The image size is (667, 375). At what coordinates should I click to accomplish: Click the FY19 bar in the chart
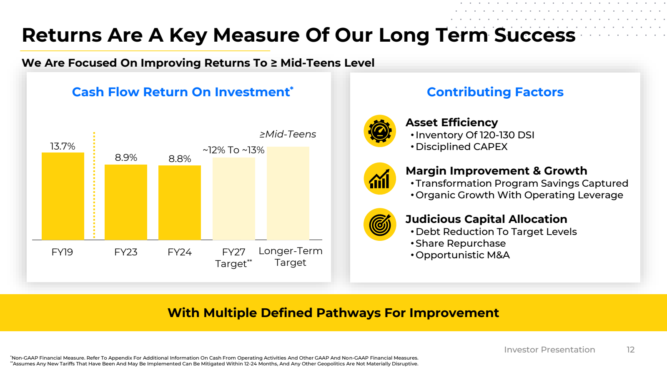click(63, 196)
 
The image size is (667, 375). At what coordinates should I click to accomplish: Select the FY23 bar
click(125, 202)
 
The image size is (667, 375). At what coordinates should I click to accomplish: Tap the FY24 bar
click(180, 202)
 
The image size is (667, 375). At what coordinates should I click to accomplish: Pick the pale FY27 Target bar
click(234, 199)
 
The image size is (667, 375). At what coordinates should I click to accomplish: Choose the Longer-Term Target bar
click(288, 193)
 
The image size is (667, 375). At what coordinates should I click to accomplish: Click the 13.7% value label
click(63, 146)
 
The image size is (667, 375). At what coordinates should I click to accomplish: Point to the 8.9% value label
click(126, 157)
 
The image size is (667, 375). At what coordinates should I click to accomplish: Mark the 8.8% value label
click(180, 159)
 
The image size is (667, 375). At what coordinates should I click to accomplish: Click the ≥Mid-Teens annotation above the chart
click(288, 134)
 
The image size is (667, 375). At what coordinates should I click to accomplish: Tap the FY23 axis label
click(125, 252)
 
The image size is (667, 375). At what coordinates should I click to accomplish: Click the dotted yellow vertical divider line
click(94, 185)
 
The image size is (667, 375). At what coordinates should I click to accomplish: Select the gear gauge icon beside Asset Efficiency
click(380, 131)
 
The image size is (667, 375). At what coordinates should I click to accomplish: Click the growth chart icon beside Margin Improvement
click(380, 179)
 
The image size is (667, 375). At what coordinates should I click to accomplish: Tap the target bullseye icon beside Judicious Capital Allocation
click(380, 225)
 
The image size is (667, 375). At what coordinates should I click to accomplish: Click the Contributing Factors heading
click(495, 92)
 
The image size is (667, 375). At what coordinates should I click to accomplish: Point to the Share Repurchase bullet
click(461, 243)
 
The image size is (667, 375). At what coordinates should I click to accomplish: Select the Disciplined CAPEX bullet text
click(461, 147)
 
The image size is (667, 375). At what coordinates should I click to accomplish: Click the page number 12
click(631, 350)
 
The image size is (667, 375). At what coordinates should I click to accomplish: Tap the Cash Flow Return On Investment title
click(183, 92)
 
